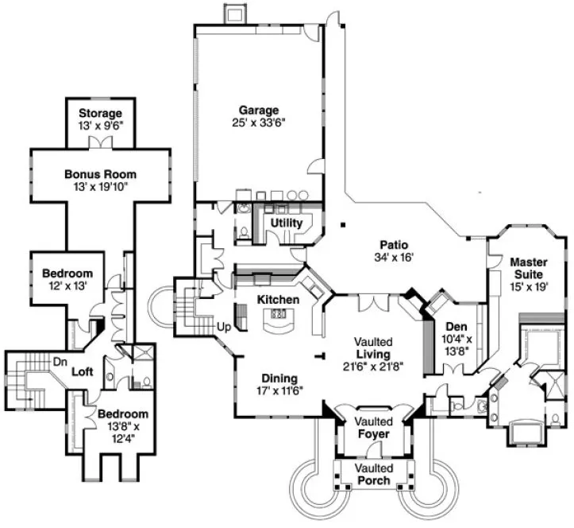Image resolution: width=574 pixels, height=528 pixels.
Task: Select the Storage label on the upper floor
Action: tap(100, 113)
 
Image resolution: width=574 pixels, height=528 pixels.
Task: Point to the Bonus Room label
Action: tap(100, 174)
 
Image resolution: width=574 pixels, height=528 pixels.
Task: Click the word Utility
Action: tap(287, 223)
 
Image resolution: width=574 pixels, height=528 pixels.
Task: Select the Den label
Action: tap(456, 325)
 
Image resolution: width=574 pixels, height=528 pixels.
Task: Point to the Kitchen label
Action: tap(277, 300)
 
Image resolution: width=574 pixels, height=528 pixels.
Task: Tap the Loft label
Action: tap(83, 371)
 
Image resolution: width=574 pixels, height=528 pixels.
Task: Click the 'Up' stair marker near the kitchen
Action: tap(224, 326)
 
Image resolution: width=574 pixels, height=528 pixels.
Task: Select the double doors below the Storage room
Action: tap(100, 142)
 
